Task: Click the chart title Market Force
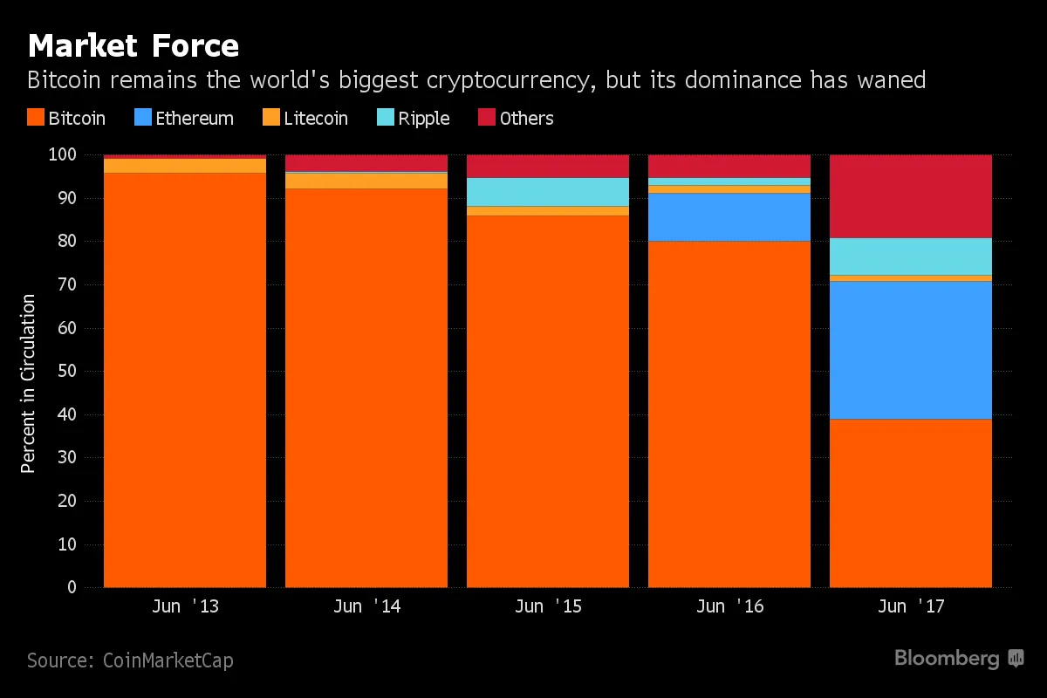click(133, 44)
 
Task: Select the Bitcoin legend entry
click(66, 119)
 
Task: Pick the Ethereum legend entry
click(184, 119)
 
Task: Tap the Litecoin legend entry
click(305, 119)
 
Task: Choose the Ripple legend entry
click(414, 119)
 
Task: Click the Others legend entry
click(516, 119)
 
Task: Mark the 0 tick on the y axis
click(72, 588)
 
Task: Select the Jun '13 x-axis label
click(184, 607)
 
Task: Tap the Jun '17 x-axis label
click(910, 607)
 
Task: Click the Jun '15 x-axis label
click(547, 607)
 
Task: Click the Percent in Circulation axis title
click(29, 384)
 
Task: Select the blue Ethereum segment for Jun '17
click(910, 350)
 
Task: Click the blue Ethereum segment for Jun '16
click(729, 216)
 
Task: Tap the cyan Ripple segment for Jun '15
click(547, 192)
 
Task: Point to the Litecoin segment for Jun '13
click(184, 166)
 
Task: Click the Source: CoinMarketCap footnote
click(130, 660)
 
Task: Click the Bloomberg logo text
click(946, 659)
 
